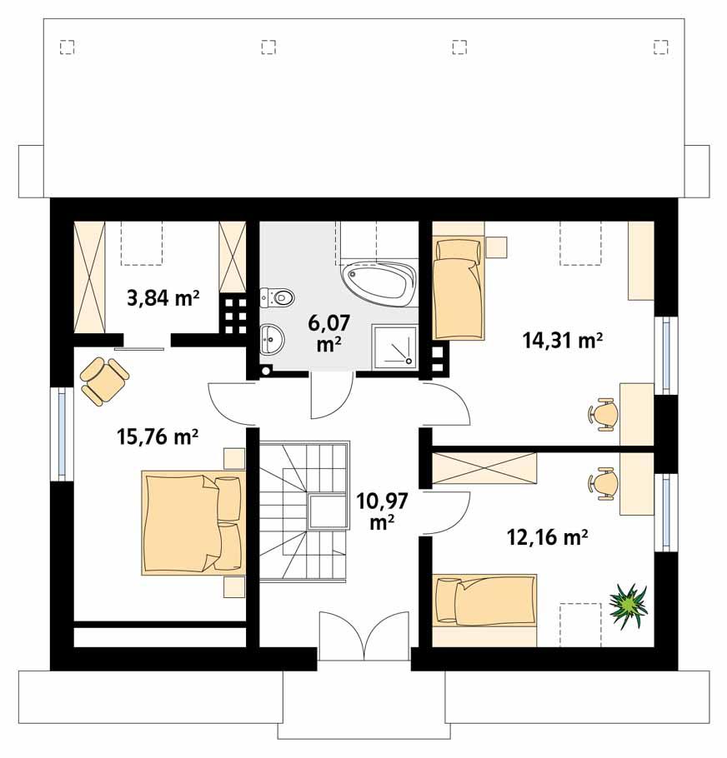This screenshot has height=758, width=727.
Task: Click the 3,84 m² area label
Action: point(163,297)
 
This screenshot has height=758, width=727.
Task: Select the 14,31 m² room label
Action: point(563,339)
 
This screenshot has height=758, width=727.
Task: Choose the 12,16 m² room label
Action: point(548,537)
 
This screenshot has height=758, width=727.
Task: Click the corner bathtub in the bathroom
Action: point(378,284)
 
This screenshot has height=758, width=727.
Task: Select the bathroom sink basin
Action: point(272,337)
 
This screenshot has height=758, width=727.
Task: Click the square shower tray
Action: point(393,346)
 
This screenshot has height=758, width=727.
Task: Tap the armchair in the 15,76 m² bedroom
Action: point(103,380)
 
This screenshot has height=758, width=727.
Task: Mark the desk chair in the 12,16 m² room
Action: point(604,482)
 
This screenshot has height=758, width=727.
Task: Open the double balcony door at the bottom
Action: point(364,638)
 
